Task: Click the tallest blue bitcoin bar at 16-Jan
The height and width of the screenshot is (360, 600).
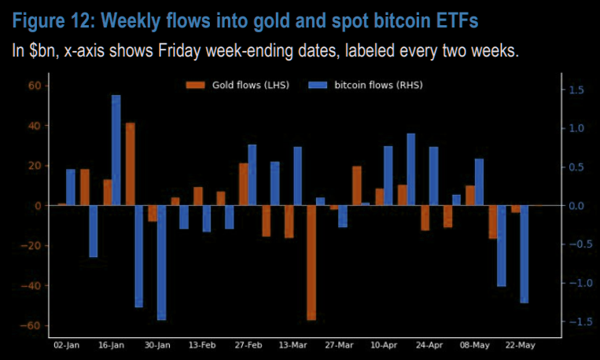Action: pos(116,150)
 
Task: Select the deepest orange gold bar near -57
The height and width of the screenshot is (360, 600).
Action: pos(311,263)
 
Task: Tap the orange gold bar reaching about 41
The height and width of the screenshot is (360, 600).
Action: pos(130,164)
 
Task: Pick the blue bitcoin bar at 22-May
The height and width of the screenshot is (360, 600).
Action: pos(524,254)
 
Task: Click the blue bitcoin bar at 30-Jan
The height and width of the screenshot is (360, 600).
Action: pos(161,263)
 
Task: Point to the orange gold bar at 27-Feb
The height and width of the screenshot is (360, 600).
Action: pos(243,185)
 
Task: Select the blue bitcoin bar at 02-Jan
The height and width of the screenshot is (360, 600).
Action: pos(71,187)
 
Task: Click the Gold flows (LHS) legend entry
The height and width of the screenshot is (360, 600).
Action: pos(237,85)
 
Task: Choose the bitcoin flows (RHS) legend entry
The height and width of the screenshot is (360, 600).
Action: pos(366,85)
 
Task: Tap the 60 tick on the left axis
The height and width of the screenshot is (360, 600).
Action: pos(35,86)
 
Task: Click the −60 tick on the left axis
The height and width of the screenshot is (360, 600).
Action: pos(31,325)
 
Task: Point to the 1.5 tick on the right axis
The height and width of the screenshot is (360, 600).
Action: pos(576,90)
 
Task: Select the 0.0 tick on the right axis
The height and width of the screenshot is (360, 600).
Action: pos(576,206)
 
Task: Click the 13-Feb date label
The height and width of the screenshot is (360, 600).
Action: pos(202,345)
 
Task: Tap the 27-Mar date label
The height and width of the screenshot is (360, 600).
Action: pos(339,345)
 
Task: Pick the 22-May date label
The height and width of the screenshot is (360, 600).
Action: pos(520,345)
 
